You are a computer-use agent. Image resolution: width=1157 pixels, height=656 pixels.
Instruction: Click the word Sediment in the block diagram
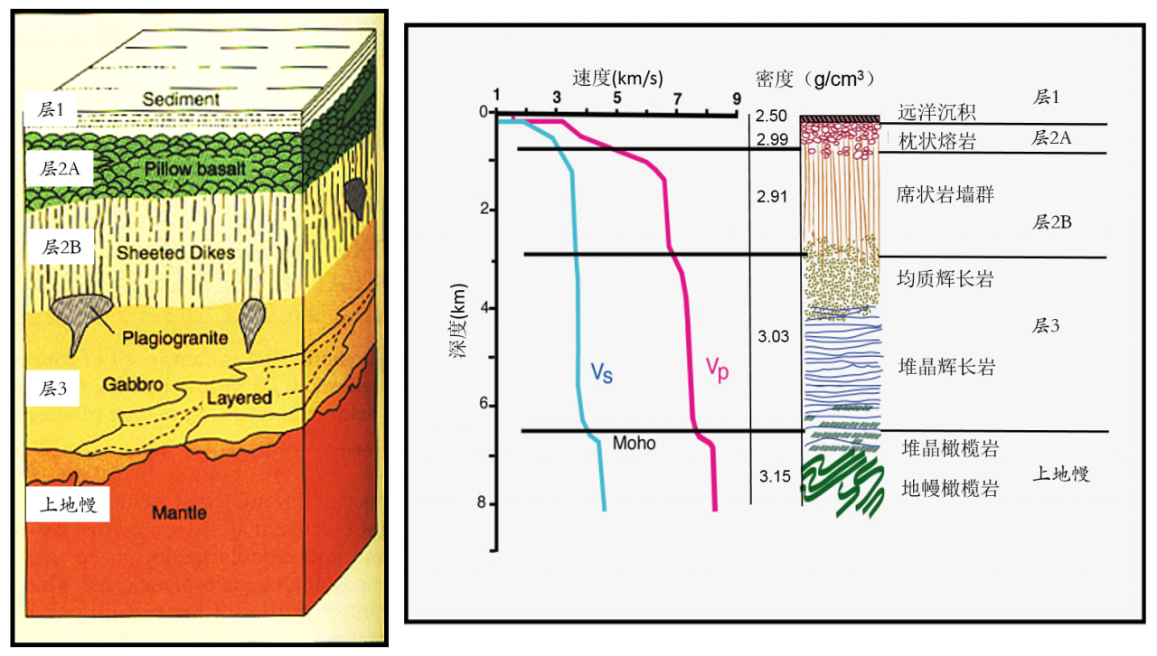pos(181,99)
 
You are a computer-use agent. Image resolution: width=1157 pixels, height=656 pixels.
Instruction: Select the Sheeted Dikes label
pos(175,254)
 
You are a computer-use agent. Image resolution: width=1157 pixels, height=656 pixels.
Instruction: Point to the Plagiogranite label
pos(174,339)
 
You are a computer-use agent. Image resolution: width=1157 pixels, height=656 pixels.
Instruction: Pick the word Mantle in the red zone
pos(179,513)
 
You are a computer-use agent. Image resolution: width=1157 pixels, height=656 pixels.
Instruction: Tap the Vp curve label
pos(717,369)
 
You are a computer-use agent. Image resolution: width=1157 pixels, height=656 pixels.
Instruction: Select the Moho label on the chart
pos(634,444)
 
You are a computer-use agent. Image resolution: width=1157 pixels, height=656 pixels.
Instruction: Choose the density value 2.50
pos(772,117)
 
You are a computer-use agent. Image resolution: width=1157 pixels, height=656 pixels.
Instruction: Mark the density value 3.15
pos(773,476)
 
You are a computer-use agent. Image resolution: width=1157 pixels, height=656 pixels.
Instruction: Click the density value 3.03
pos(773,337)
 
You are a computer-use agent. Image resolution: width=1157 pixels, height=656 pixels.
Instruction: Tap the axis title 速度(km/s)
pos(616,77)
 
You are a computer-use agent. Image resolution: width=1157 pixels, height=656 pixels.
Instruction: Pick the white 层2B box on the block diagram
pos(60,246)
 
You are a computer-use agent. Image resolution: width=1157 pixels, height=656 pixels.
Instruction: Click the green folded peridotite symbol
pos(841,485)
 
